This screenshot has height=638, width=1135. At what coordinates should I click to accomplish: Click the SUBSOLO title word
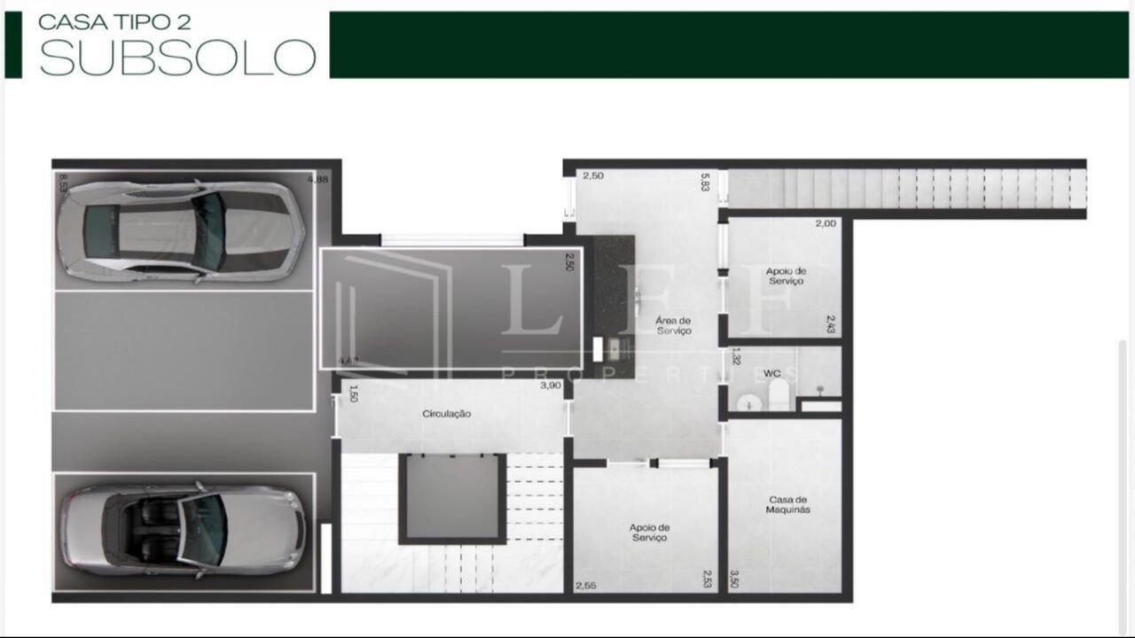point(177,56)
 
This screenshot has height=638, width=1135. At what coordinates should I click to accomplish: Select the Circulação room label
point(446,414)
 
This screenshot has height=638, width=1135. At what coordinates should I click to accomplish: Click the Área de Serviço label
point(674,325)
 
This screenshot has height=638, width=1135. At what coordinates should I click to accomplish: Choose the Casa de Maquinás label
point(788,505)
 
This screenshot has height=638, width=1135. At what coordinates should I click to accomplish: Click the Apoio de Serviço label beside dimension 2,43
point(786,276)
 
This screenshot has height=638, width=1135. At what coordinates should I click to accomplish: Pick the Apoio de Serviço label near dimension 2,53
point(648,533)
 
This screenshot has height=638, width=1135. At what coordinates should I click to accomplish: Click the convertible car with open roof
point(183,531)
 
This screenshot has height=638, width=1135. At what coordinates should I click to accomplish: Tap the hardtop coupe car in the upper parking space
point(182,231)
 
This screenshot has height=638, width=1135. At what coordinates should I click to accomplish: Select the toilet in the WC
point(778,394)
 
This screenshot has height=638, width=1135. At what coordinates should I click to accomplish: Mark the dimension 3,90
point(552,385)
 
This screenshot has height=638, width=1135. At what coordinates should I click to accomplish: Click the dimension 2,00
point(826,223)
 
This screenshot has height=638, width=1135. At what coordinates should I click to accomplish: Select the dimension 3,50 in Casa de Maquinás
point(734,579)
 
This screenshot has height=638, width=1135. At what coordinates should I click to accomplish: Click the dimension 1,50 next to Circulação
point(352,393)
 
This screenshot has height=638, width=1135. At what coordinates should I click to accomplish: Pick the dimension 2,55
point(585,586)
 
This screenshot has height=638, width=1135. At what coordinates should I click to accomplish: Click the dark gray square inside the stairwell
point(452,497)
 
